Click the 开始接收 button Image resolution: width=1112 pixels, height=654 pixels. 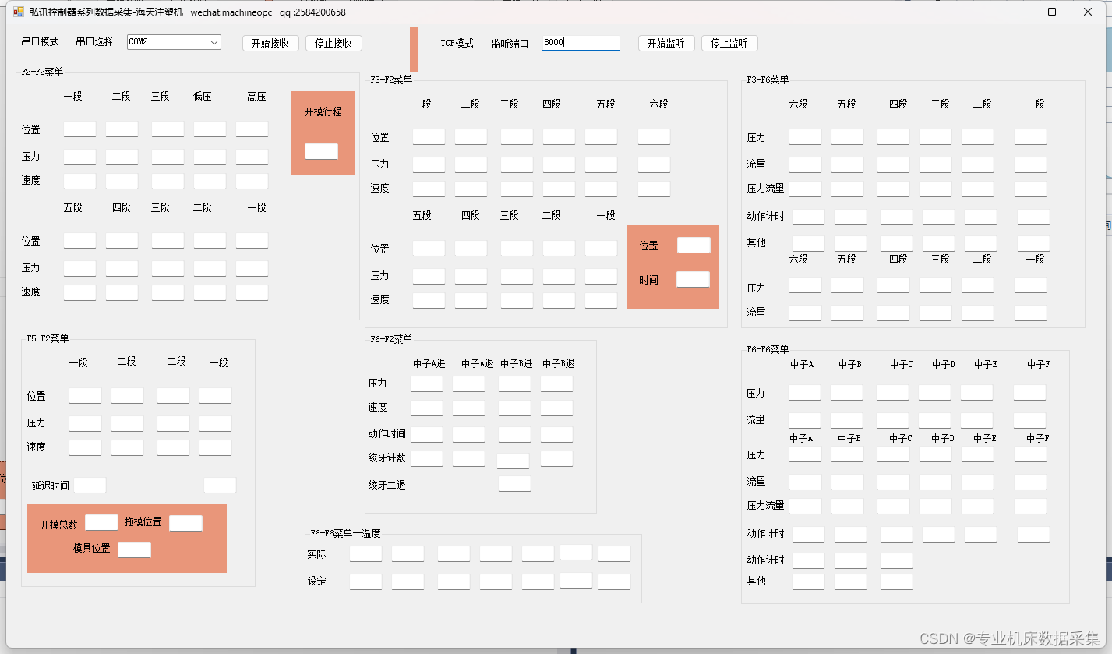[270, 43]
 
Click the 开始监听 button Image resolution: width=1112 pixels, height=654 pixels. [665, 43]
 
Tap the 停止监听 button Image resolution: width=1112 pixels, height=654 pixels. [729, 43]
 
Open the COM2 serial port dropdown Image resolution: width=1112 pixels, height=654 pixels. [174, 42]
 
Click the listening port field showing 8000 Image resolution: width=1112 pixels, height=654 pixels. [581, 43]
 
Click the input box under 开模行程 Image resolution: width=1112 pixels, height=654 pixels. [321, 151]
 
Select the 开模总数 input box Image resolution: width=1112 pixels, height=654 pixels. [101, 522]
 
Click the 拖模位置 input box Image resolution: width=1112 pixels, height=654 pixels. [185, 523]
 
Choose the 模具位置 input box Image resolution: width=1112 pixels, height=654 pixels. [134, 550]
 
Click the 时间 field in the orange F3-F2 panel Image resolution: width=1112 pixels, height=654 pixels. [693, 279]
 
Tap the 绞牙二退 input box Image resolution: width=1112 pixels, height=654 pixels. [514, 483]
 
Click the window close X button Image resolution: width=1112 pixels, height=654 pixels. [1088, 12]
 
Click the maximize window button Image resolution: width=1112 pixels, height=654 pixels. [1052, 12]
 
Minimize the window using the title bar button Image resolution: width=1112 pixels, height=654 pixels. [1017, 12]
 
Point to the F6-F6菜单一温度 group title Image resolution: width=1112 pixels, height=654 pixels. [345, 533]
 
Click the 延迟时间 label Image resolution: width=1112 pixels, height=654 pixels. [50, 486]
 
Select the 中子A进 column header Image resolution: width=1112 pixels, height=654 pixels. [429, 363]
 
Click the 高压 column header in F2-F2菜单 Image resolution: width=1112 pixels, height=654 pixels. [256, 97]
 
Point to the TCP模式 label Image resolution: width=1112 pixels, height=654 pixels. [457, 43]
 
